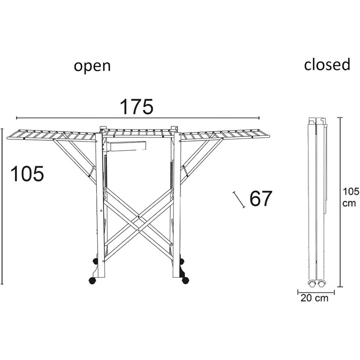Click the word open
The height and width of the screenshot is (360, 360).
pos(92,66)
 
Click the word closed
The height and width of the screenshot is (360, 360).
pos(327,64)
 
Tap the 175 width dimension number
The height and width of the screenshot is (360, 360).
pos(136,107)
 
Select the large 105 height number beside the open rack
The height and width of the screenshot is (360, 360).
pos(27,174)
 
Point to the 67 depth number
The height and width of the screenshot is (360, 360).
pos(261,199)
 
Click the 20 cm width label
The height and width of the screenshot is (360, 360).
pos(314,298)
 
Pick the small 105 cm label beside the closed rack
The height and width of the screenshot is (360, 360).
pos(350,197)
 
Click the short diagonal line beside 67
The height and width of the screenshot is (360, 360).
pos(239,200)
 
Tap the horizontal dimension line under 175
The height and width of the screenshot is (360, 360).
pos(138,118)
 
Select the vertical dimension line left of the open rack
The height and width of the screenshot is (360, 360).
pos(2,206)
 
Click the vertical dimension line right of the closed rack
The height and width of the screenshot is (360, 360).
pos(340,202)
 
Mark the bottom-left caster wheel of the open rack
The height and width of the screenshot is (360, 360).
pos(92,281)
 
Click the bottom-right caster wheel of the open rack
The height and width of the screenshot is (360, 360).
pos(185,280)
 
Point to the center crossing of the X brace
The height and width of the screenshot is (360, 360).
pos(138,217)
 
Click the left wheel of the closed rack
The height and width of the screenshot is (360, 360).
pos(312,284)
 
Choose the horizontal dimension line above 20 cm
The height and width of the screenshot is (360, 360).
pos(316,292)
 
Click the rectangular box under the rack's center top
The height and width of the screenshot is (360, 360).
pos(126,146)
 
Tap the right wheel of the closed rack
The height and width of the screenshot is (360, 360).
pos(321,284)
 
